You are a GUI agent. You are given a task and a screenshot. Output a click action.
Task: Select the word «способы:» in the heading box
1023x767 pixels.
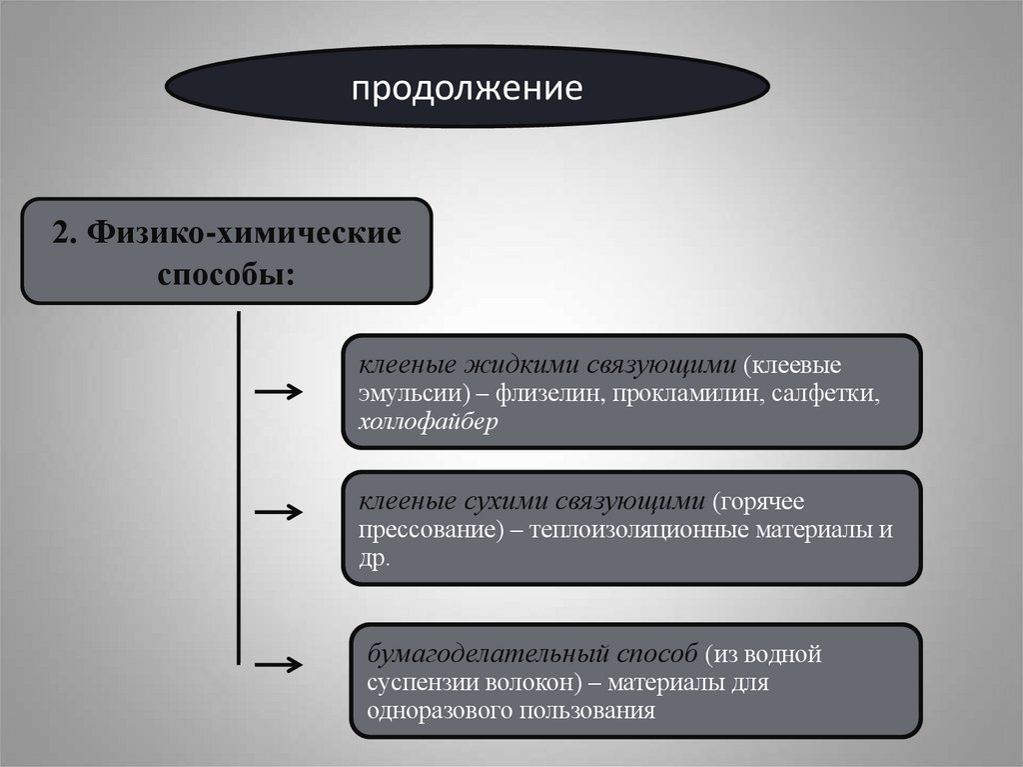(x=226, y=273)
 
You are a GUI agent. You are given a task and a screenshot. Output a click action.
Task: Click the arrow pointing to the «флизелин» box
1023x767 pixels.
(x=279, y=393)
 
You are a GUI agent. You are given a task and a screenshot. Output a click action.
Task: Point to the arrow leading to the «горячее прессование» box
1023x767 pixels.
(x=279, y=512)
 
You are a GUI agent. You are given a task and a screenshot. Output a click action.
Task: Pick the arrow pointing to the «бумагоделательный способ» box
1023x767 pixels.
(x=279, y=664)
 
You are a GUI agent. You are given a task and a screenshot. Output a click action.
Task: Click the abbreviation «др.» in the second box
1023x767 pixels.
(x=375, y=559)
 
